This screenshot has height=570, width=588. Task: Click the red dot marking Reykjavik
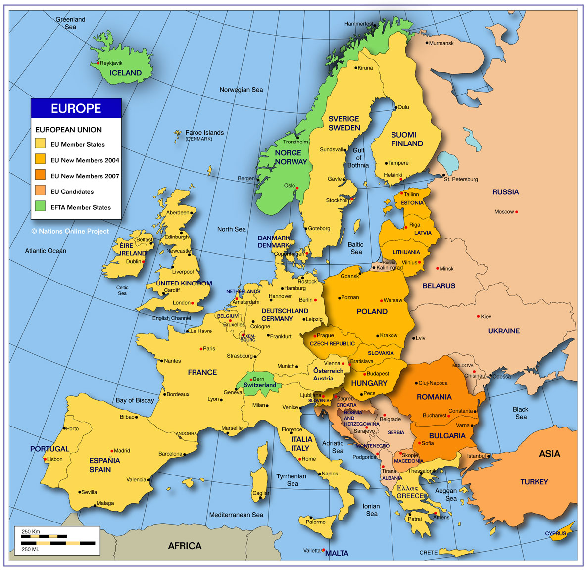coord(98,63)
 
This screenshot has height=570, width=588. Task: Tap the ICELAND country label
coord(125,73)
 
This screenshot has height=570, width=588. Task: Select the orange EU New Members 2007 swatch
coord(40,175)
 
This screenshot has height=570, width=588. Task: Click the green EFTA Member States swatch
coord(40,207)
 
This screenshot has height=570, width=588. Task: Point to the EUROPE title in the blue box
coord(76,108)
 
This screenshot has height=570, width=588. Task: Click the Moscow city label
coord(504,212)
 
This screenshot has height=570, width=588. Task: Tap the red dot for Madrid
coord(112,451)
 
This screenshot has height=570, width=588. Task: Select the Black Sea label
coord(520,413)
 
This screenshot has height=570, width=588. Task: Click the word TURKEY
coord(534,482)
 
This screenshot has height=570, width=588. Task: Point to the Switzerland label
coord(259,385)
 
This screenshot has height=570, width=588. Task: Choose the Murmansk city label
coord(441,43)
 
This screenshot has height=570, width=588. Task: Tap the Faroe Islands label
coord(204,133)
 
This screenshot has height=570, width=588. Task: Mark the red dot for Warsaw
coord(382,300)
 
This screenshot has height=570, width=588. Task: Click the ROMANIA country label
coord(434,397)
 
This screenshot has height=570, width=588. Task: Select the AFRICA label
coord(185,546)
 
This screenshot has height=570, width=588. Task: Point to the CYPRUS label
coord(555,533)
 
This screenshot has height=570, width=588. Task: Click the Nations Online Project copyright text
coord(70,231)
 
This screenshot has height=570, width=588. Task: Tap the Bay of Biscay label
coord(135,400)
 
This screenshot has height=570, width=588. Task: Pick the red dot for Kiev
coord(478,316)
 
